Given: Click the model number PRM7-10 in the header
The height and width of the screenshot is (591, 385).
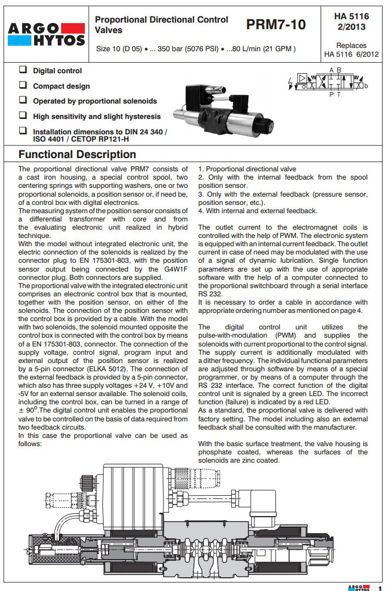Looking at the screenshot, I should point(276,25).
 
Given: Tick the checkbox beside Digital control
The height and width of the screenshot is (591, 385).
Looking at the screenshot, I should point(23,70).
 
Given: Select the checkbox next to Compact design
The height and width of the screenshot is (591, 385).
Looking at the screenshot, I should point(23,85).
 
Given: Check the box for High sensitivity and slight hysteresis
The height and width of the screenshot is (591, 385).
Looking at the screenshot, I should point(23,116).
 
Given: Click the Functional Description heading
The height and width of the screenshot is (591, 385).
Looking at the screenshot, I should point(77,155).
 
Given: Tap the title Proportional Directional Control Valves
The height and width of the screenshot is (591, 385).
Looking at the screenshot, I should point(161,24).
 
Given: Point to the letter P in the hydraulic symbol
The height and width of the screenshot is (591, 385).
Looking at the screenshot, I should point(331,95).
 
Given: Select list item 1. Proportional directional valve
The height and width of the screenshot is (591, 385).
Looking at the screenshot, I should point(247,169).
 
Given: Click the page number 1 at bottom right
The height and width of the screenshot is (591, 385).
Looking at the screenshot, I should point(379,587).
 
